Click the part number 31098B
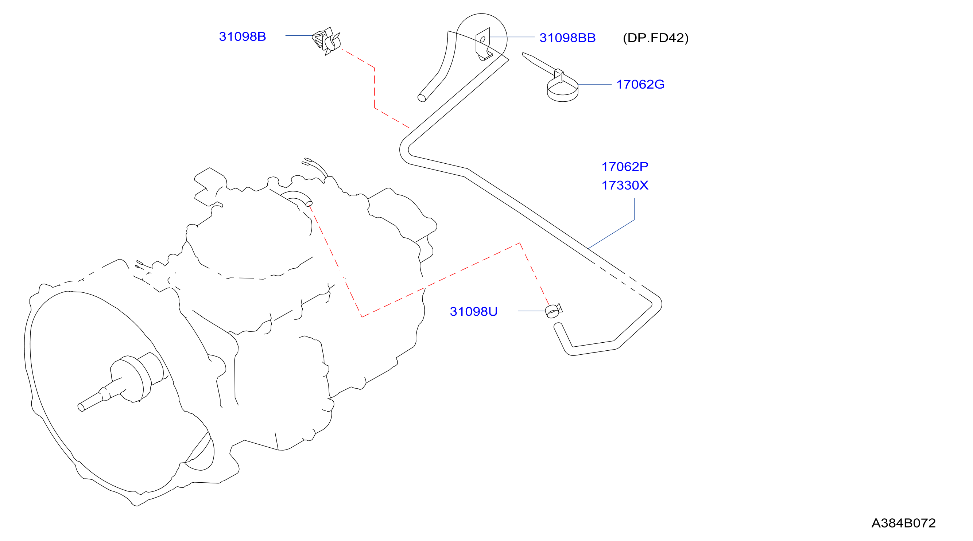coord(243,36)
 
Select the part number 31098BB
coord(567,38)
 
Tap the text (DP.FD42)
coord(656,38)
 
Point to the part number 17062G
coord(640,84)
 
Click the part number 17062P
coord(625,167)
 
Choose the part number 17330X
coord(625,185)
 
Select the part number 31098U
coord(474,311)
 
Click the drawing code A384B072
coord(903,523)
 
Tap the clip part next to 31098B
coord(326,41)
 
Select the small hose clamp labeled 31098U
coord(553,311)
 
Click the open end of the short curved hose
coord(422,98)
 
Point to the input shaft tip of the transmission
coord(81,407)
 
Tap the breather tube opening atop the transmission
coord(309,204)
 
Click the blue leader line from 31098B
coord(299,35)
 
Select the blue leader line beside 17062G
coord(594,85)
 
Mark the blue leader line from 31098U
coord(532,311)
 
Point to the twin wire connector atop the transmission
coord(315,167)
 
